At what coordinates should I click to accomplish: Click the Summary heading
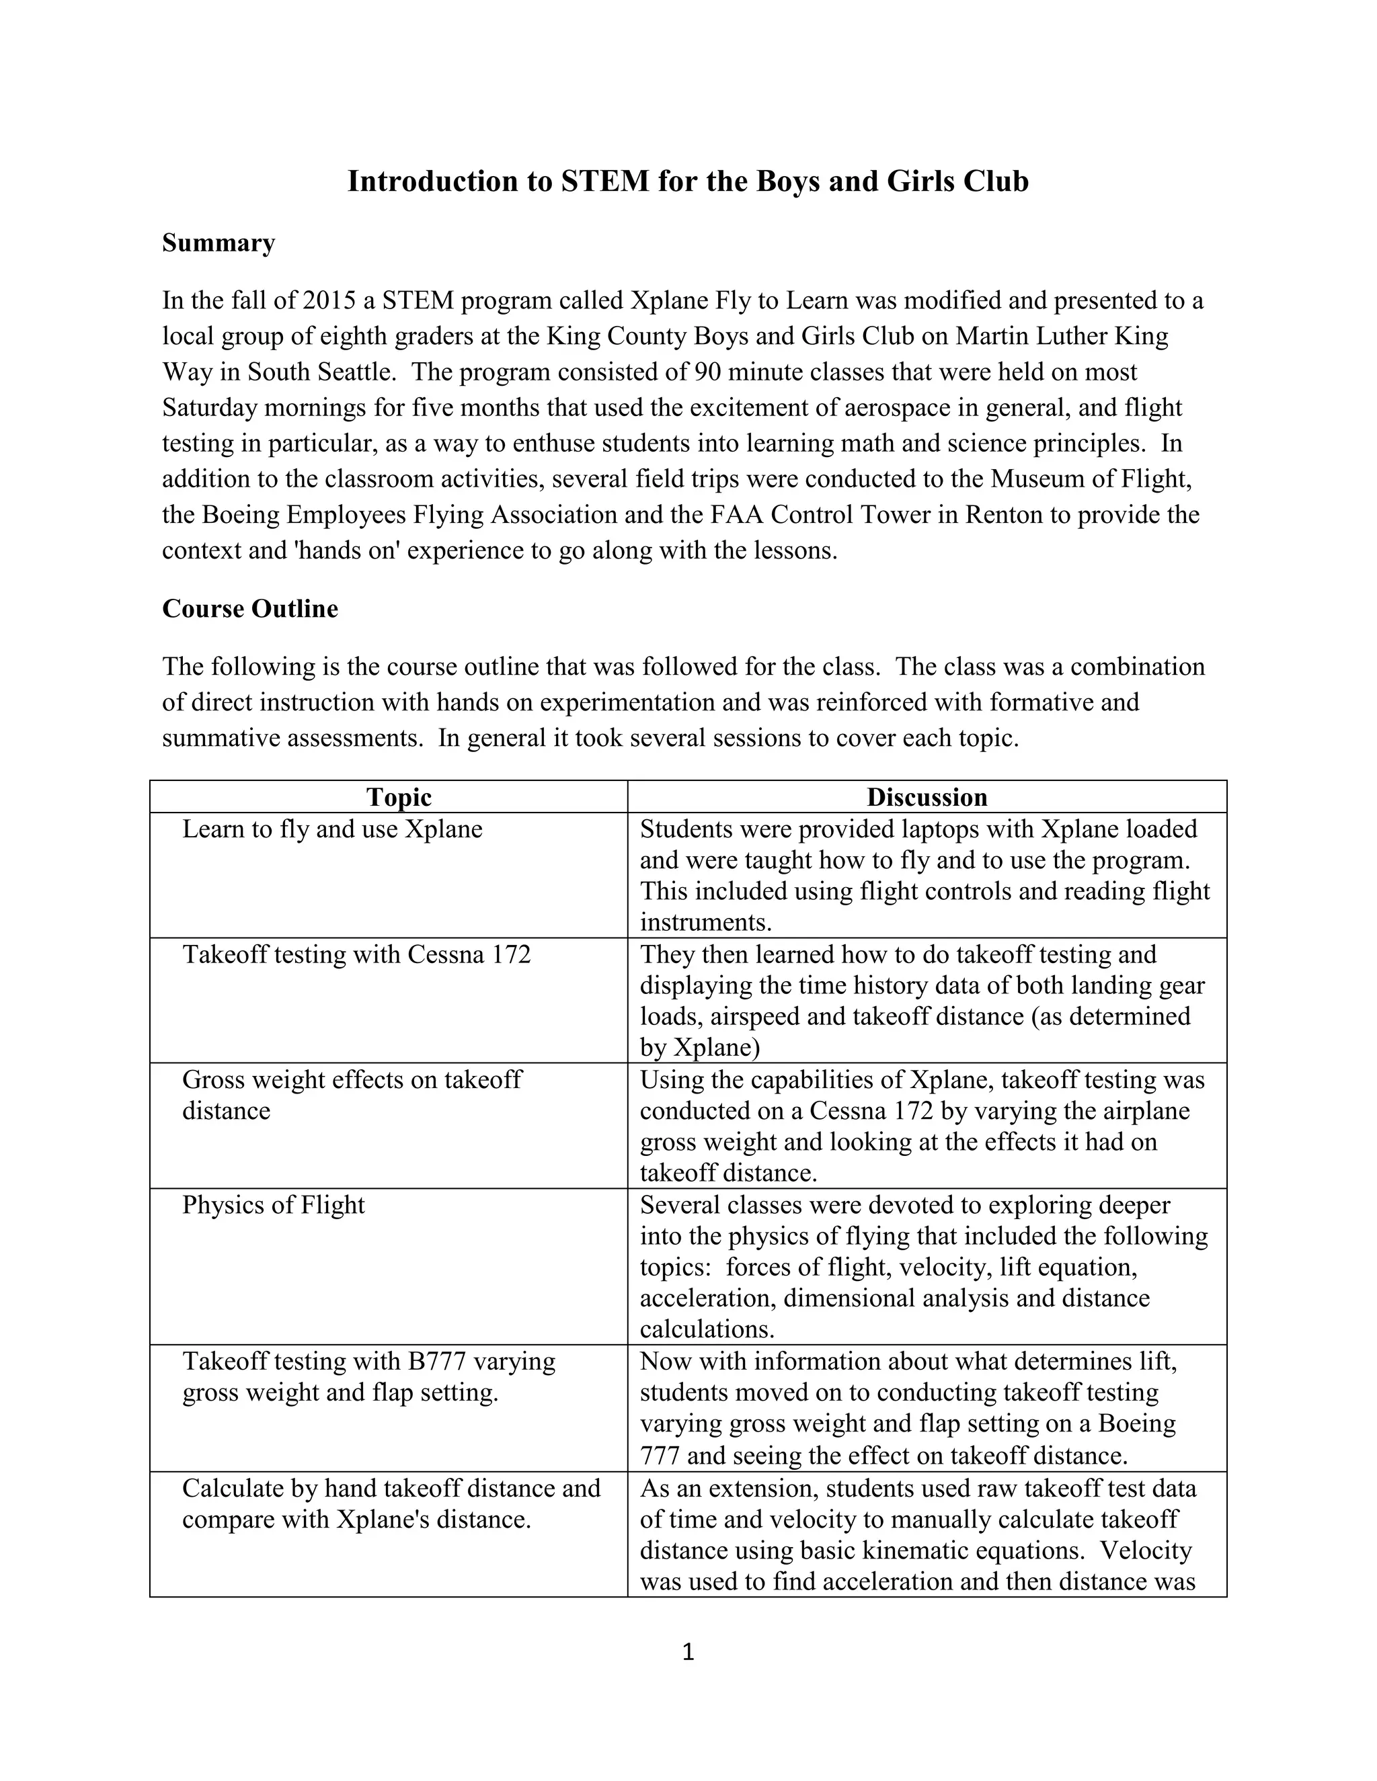tap(219, 243)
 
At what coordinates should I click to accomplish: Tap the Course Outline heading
tap(249, 609)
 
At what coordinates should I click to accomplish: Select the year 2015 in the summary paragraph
tap(329, 301)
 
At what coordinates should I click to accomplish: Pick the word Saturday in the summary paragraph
tap(209, 408)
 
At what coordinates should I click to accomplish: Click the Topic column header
tap(398, 796)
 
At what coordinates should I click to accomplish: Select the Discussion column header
tap(927, 796)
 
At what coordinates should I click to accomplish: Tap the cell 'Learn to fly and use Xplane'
tap(332, 829)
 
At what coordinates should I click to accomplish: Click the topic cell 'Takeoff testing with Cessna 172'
tap(356, 954)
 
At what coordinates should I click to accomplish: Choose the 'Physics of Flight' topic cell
tap(273, 1204)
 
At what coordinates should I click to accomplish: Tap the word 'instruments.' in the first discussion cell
tap(705, 922)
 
